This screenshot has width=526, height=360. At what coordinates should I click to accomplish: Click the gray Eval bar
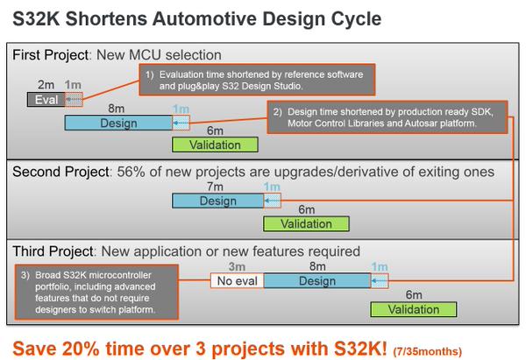pos(46,100)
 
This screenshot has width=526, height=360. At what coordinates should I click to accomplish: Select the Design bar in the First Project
pos(118,123)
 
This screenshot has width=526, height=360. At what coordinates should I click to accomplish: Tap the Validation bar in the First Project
pos(215,145)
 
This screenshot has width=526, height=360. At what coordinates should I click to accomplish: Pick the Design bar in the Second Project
pos(218,201)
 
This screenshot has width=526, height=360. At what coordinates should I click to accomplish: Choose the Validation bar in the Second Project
pos(306,223)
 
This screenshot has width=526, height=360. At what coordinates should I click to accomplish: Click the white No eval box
pos(238,281)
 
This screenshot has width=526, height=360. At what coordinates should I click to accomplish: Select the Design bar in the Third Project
pos(317,281)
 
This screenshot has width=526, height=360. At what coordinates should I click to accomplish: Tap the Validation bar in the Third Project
pos(414,309)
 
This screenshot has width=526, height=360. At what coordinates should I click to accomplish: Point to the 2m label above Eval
pos(46,85)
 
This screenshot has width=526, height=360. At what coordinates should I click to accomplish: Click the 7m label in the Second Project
pos(215,187)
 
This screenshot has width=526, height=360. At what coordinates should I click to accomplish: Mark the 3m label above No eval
pos(237,266)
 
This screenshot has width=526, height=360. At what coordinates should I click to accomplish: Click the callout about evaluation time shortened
pos(257,80)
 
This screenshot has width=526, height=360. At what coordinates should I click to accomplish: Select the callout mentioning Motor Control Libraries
pos(387,117)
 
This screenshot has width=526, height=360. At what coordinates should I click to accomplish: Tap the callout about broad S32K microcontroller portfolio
pos(96,292)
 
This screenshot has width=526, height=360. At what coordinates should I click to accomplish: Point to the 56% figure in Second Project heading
pos(131,172)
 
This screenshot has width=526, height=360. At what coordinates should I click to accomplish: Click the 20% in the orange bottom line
pos(81,349)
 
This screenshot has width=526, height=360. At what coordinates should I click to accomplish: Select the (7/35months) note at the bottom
pos(428,351)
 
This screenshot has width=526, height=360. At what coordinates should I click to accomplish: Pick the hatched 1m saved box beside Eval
pos(74,100)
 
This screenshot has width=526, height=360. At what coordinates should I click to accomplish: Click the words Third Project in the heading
pos(53,251)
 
